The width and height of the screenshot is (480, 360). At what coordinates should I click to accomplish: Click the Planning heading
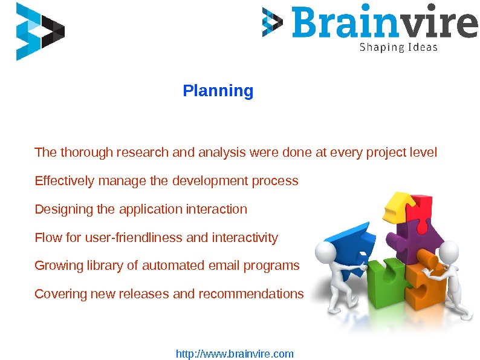218,91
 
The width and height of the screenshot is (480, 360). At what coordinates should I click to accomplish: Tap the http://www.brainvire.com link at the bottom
235,354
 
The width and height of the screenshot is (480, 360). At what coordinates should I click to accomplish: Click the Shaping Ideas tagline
398,47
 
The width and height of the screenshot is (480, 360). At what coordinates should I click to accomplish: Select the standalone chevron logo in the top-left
39,31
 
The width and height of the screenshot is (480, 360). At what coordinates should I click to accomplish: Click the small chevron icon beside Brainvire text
272,23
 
